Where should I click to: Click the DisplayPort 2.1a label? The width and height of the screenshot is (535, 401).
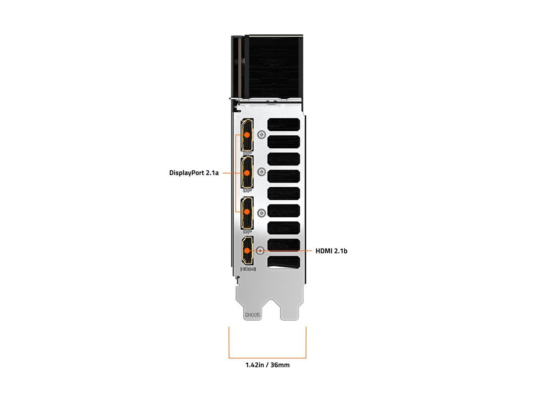[194, 173]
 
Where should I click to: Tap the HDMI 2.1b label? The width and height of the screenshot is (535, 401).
[331, 251]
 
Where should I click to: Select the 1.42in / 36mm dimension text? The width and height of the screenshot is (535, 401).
[267, 365]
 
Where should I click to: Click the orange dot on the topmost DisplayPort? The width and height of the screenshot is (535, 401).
[247, 135]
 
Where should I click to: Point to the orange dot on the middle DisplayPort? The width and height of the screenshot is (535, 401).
[247, 173]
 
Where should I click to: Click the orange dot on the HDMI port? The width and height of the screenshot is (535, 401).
[247, 251]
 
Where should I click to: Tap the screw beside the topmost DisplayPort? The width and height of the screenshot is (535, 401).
[262, 135]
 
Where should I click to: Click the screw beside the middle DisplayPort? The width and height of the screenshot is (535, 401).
[262, 172]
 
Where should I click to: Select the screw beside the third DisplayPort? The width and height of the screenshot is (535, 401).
[262, 213]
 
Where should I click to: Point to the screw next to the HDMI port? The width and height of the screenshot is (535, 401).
[260, 251]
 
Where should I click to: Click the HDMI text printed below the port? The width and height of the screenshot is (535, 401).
[248, 269]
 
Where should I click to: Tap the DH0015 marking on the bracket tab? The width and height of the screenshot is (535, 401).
[252, 315]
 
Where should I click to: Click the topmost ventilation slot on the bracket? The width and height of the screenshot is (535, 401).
[284, 124]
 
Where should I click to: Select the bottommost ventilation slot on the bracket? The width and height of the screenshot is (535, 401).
[284, 262]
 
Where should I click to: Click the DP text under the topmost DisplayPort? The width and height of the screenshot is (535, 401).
[247, 153]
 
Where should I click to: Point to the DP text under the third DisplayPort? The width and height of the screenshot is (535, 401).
[247, 231]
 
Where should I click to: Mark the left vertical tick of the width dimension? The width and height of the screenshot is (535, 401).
[229, 343]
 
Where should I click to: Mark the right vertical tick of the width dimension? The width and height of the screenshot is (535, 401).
[306, 343]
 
